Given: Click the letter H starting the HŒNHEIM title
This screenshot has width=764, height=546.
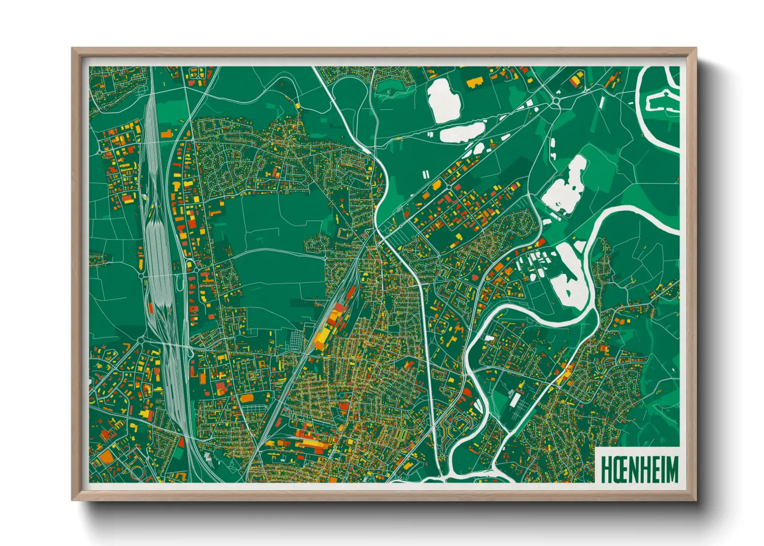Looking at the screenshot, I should [607, 469].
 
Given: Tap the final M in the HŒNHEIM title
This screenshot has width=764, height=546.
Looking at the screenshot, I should [672, 469].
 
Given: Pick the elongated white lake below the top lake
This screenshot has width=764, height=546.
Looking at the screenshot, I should [462, 132].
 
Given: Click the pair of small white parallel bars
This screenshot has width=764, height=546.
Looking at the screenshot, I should [425, 175].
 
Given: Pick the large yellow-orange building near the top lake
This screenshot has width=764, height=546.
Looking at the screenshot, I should [474, 82].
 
